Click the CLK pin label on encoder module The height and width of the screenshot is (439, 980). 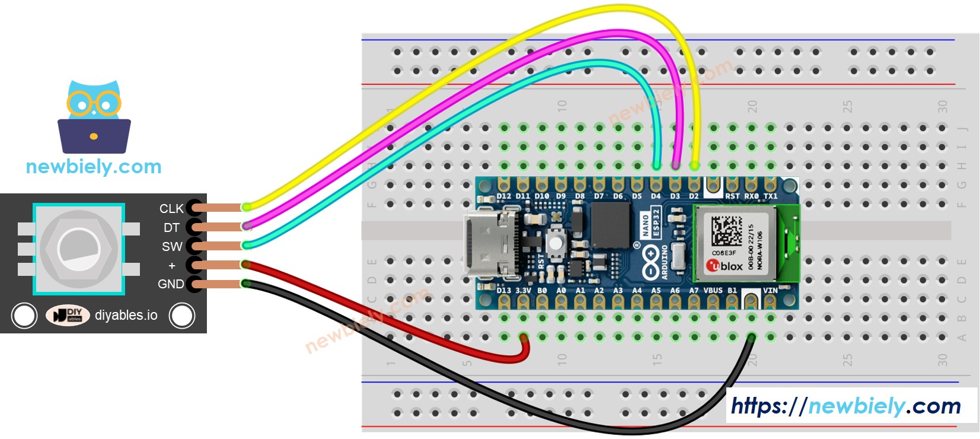pos(171,209)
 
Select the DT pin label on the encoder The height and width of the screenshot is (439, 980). pos(171,228)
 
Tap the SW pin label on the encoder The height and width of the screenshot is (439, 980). pos(172,247)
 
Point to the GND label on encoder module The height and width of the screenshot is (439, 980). pos(170,284)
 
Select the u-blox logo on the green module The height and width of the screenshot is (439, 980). pos(724,266)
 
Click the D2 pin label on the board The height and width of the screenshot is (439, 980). pos(694,196)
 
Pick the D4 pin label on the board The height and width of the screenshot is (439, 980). pos(656,196)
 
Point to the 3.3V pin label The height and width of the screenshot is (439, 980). pos(523,291)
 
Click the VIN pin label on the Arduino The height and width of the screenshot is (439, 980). pos(770,291)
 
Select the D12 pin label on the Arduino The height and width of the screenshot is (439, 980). pos(504,196)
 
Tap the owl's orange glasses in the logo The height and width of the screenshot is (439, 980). pos(94,104)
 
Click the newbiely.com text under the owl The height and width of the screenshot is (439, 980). pos(94,167)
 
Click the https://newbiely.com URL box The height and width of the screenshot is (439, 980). pos(845,406)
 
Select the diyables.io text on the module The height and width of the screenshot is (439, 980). pos(126,316)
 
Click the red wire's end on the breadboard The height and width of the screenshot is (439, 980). pos(523,338)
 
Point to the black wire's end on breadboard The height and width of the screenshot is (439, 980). pos(751,338)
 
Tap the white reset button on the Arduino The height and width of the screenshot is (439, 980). pos(556,242)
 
